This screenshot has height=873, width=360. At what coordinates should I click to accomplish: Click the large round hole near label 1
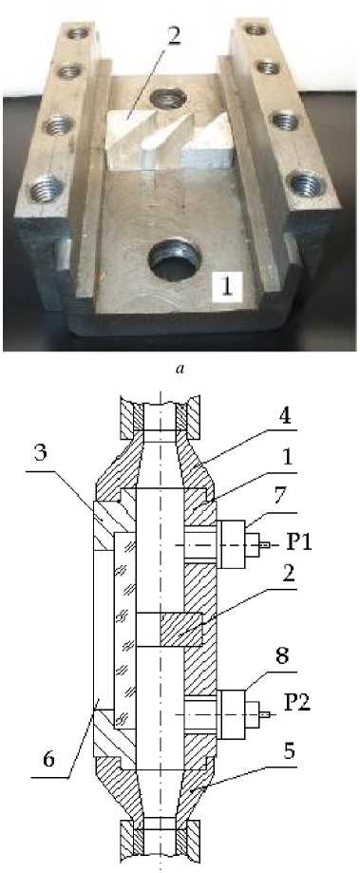pyautogui.click(x=174, y=261)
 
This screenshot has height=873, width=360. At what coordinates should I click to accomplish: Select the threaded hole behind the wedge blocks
pyautogui.click(x=168, y=99)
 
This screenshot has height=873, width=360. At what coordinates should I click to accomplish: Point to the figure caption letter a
pyautogui.click(x=180, y=370)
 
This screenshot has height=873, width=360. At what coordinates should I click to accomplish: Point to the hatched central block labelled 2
pyautogui.click(x=181, y=629)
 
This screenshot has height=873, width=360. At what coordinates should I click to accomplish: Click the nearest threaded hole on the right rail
pyautogui.click(x=305, y=183)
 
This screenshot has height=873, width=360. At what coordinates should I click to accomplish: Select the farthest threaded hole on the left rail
pyautogui.click(x=77, y=33)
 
